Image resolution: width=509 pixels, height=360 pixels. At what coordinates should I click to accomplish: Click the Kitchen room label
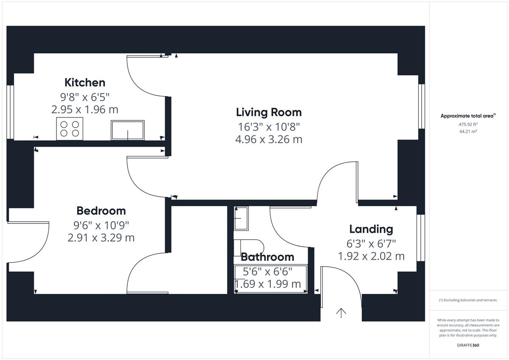coord(85,82)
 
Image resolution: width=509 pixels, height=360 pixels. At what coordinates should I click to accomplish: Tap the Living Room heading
coord(269,112)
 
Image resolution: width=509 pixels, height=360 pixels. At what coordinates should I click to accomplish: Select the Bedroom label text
coord(101,211)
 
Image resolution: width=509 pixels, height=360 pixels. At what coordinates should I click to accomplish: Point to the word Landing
coord(371,229)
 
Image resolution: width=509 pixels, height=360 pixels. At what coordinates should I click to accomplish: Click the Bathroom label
coord(268,257)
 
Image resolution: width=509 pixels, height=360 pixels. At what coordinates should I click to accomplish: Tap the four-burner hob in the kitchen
coord(70,129)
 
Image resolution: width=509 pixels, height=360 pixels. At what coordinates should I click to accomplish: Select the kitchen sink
coord(128,130)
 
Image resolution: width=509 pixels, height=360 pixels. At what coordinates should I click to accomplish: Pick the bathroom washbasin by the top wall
coord(241,218)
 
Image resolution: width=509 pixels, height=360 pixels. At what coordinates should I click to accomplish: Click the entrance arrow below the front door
coord(341,313)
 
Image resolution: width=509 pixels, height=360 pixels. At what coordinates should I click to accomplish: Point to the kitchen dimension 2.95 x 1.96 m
coord(85,109)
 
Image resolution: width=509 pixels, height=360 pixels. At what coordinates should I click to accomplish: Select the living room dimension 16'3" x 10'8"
coord(269,127)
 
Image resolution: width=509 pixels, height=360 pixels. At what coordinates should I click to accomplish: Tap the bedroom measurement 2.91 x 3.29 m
coord(101,238)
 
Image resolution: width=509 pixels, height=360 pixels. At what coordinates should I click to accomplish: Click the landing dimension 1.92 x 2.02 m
coord(371,256)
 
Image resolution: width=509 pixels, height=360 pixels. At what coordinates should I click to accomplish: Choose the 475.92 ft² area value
coord(468,124)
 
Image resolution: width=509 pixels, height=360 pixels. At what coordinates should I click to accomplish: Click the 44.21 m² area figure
coord(468,131)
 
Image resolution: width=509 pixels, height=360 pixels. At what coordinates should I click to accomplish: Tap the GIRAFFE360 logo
coord(468,345)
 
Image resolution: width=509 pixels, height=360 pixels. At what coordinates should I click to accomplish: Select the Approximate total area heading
coord(468,116)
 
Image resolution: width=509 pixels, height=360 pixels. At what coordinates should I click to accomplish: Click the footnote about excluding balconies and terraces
coord(468,300)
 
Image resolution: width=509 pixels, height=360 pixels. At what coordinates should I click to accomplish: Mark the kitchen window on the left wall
coord(10,112)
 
